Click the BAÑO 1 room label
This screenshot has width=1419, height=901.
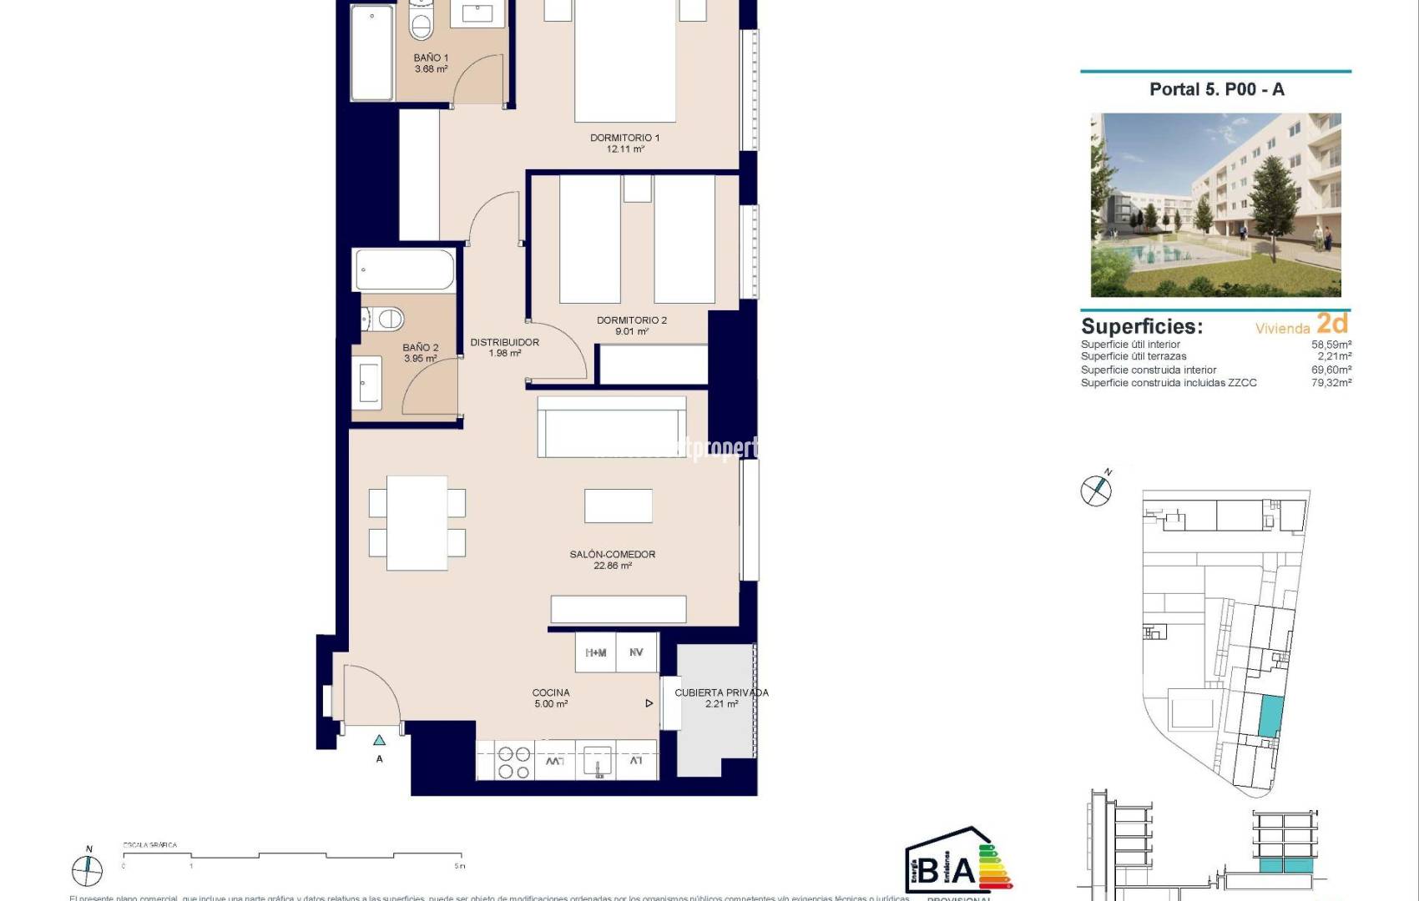tap(431, 58)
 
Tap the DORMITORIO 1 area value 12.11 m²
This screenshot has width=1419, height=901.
tap(625, 149)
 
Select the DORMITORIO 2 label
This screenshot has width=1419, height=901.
tap(631, 320)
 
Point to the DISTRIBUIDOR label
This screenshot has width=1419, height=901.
tap(504, 342)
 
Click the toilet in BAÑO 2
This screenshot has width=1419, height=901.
tap(383, 319)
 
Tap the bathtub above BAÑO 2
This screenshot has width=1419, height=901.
tap(404, 269)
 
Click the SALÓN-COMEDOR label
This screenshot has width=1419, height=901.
tap(612, 555)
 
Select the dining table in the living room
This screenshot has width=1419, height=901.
tap(417, 523)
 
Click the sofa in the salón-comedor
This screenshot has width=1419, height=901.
tap(612, 427)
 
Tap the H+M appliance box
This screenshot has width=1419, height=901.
tap(596, 652)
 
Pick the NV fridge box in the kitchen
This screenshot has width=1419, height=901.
tap(637, 652)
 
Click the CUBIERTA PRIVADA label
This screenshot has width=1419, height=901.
tap(721, 692)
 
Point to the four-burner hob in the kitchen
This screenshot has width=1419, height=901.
tap(513, 763)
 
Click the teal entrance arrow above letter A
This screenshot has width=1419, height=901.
tap(379, 740)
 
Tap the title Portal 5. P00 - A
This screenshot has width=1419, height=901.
tap(1216, 89)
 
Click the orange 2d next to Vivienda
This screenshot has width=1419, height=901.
tap(1331, 324)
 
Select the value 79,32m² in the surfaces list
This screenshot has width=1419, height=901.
tap(1331, 383)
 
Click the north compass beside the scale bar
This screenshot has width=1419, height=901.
tap(87, 871)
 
